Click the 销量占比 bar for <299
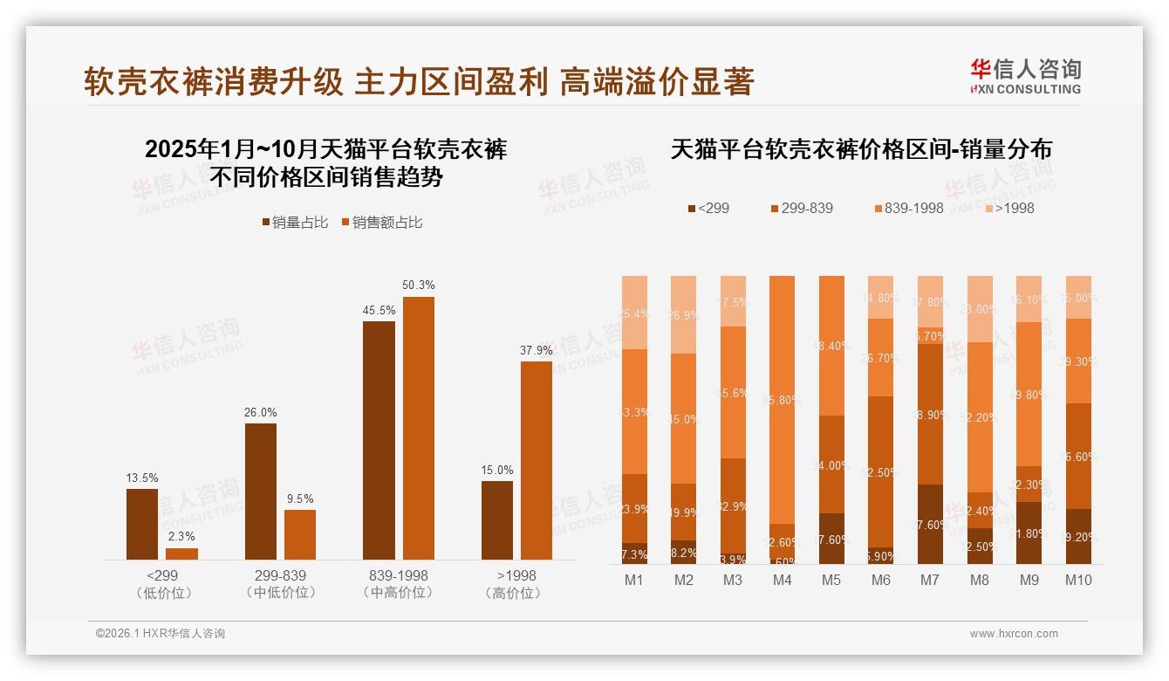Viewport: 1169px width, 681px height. [x=142, y=524]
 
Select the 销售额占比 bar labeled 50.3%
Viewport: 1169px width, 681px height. [x=418, y=428]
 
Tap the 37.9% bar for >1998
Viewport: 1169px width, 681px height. [x=537, y=460]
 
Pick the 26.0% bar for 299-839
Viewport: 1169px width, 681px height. [x=261, y=492]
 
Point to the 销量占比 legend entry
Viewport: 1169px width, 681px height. [x=296, y=223]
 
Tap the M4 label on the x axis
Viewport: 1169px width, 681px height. [x=782, y=580]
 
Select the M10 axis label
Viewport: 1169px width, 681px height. [x=1078, y=580]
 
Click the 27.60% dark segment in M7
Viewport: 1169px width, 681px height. [x=931, y=524]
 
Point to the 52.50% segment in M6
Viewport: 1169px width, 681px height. [x=881, y=471]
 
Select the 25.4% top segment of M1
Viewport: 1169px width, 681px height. [x=634, y=313]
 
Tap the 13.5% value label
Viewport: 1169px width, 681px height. [x=142, y=478]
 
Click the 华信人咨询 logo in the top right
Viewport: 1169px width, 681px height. [x=1025, y=77]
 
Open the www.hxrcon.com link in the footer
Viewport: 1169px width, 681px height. [x=1014, y=634]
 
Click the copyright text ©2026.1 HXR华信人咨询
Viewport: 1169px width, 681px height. [x=161, y=634]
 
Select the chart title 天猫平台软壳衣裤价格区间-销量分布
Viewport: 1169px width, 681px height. [x=861, y=149]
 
